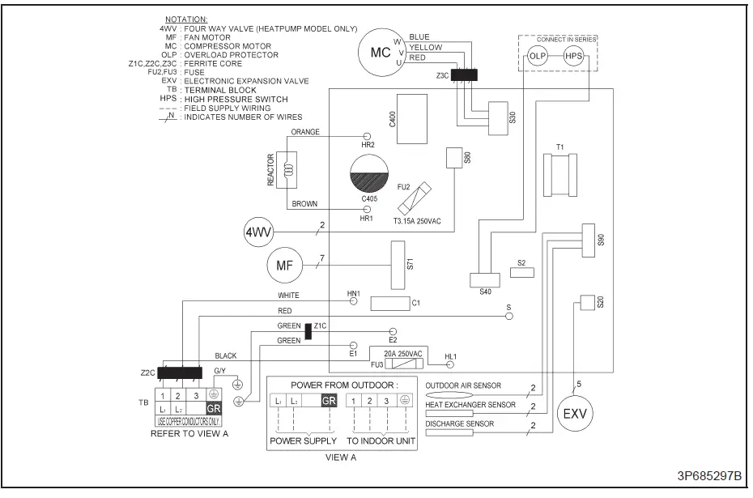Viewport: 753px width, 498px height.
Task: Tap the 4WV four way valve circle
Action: tap(257, 233)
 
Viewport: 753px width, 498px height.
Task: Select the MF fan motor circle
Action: tap(283, 264)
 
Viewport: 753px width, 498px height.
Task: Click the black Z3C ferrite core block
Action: tap(464, 75)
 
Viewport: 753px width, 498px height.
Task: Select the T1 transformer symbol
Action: tap(559, 174)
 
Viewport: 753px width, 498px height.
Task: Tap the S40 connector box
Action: tap(485, 279)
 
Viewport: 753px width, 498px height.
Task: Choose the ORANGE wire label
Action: tap(305, 131)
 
